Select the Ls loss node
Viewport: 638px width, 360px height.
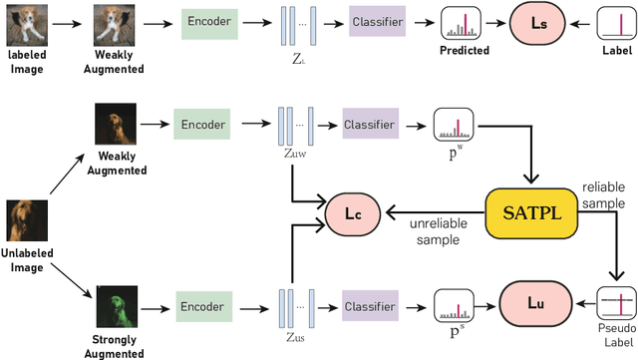(536, 22)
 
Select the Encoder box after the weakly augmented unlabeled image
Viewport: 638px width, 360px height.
(204, 125)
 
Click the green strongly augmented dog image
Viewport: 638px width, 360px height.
(116, 306)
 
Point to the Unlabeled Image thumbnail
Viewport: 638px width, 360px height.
(26, 218)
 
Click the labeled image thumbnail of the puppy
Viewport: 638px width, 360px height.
(25, 18)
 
